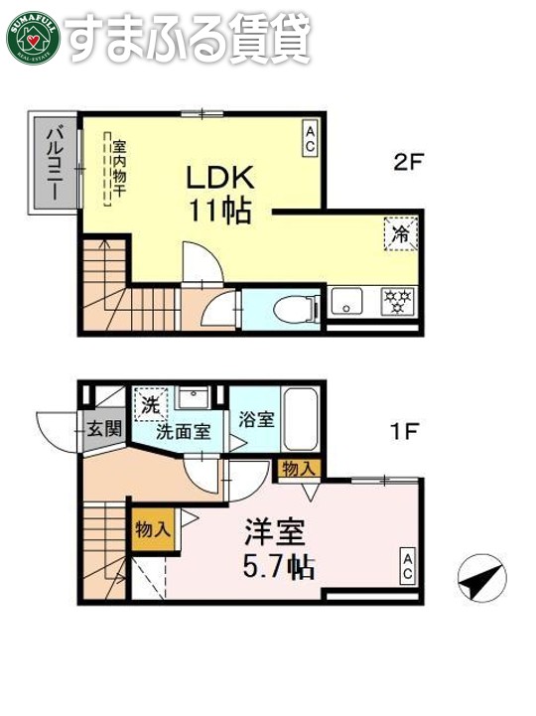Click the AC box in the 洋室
[x=408, y=565]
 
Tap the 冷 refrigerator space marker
[x=402, y=235]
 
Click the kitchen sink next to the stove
[x=348, y=300]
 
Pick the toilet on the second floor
[x=294, y=308]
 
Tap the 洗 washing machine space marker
[x=151, y=404]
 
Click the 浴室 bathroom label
[x=255, y=417]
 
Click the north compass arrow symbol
[x=480, y=578]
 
